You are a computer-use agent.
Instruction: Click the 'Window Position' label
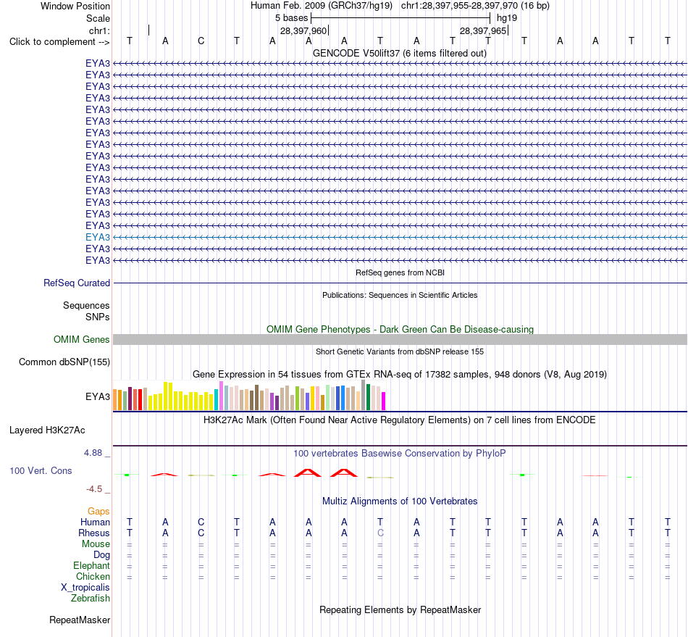pos(75,6)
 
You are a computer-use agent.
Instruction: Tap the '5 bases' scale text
pos(292,18)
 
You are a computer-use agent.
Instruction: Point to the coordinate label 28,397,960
pos(303,30)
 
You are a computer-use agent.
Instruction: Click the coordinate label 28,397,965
pos(483,30)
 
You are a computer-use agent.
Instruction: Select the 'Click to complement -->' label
pos(59,42)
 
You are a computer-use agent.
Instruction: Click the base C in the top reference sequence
pos(201,41)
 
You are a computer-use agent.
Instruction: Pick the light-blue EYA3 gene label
pos(98,237)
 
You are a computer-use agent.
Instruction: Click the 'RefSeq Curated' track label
pos(76,283)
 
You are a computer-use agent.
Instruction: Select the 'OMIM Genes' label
pos(82,339)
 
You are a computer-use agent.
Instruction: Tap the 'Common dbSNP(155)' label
pos(64,362)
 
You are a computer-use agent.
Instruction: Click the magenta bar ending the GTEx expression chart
pos(383,401)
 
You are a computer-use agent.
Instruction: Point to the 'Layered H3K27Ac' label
pos(47,430)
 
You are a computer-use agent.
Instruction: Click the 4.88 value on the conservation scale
pos(93,453)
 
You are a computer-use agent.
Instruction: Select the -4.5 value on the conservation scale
pos(94,489)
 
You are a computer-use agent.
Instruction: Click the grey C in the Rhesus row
pos(380,533)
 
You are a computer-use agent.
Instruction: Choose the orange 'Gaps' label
pos(98,511)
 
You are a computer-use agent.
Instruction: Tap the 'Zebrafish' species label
pos(91,598)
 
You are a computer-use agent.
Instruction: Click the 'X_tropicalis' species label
pos(85,588)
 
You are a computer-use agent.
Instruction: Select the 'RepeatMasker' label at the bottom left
pos(80,620)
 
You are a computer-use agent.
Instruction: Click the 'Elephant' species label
pos(91,565)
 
